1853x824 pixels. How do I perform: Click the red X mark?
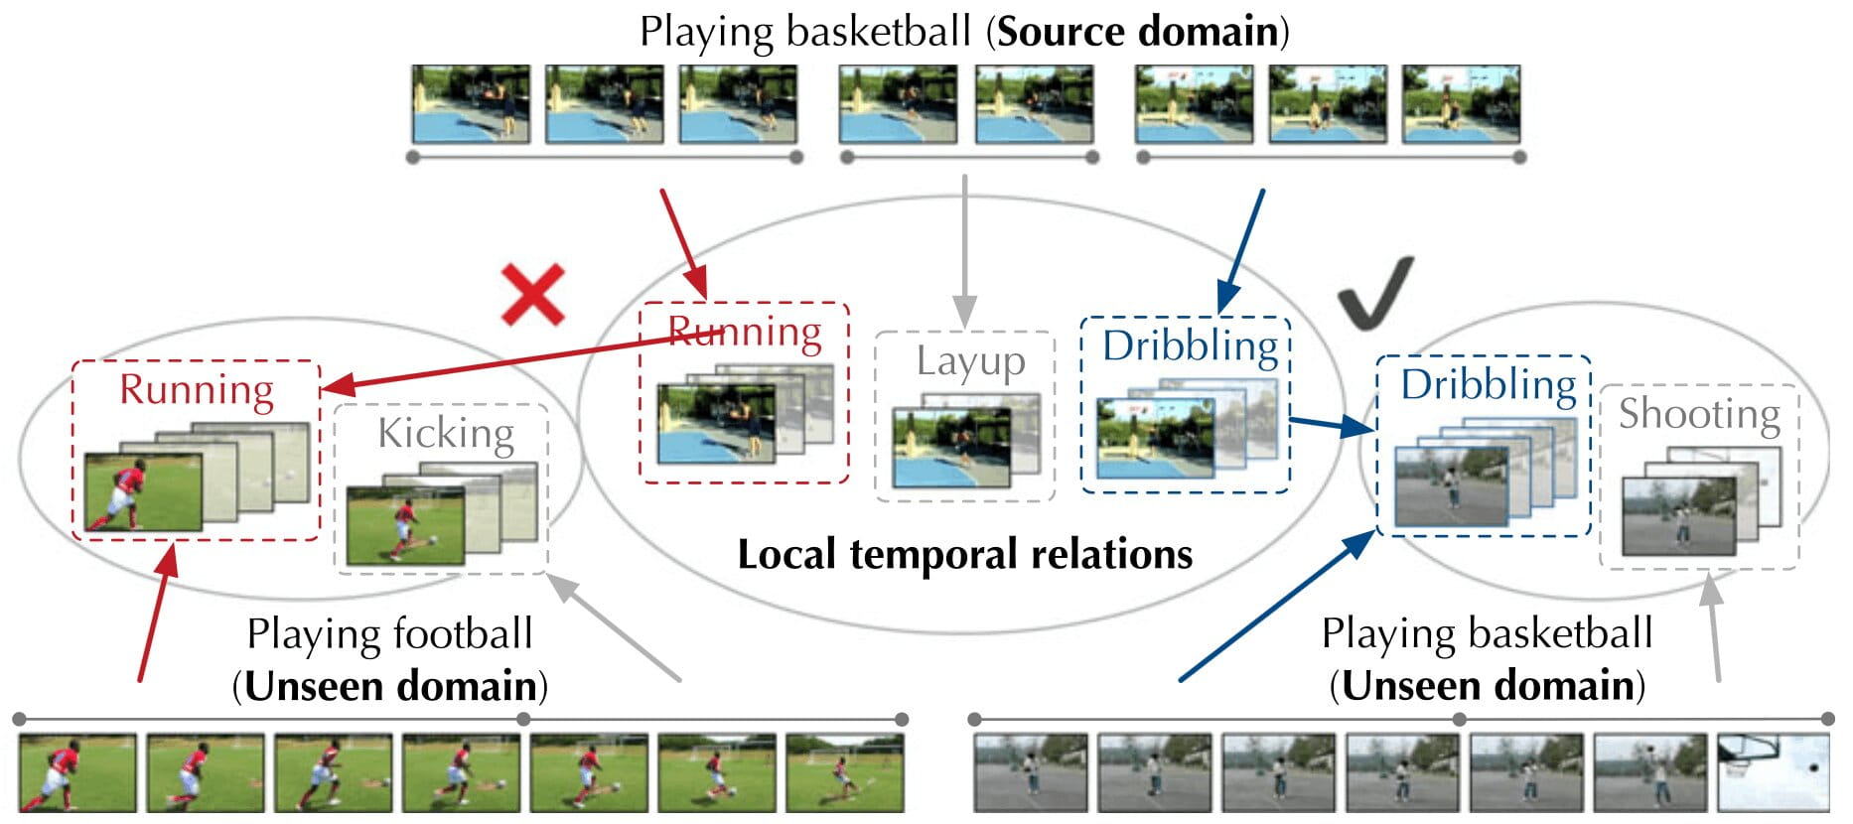pos(533,295)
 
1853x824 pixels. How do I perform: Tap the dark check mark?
pos(1373,294)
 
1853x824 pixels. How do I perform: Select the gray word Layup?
pos(970,361)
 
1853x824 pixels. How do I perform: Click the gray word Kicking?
pos(446,433)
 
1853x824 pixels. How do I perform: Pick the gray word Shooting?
pos(1699,414)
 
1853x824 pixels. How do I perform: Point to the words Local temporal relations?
pos(964,554)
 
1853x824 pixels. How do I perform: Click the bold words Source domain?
pos(1137,32)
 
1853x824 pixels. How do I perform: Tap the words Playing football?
pos(389,633)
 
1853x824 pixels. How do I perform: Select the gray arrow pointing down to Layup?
pos(964,248)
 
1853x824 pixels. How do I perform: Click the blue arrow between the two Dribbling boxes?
pos(1331,425)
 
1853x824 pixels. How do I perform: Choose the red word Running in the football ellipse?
pos(197,389)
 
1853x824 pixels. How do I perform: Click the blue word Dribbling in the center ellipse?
pos(1190,345)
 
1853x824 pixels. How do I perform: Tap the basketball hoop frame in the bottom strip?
pos(1774,773)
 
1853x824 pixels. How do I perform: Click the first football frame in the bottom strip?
pos(77,773)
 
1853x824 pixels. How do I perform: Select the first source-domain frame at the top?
pos(471,104)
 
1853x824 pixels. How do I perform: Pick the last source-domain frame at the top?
pos(1461,104)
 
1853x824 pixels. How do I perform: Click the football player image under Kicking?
pos(405,524)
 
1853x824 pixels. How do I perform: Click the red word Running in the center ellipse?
pos(745,332)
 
